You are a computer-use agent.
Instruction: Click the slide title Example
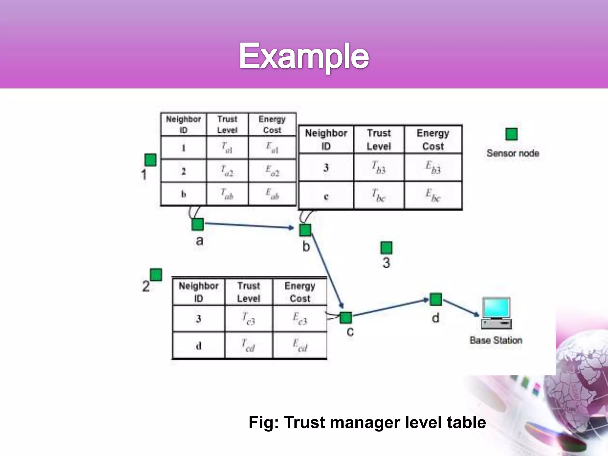click(x=304, y=56)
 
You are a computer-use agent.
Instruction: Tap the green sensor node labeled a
click(x=198, y=224)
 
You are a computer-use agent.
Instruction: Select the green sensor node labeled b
click(x=305, y=230)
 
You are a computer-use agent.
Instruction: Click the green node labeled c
click(x=346, y=318)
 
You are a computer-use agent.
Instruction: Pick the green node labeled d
click(x=436, y=299)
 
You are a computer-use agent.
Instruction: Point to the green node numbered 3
click(x=386, y=248)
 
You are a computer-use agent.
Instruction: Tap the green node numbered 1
click(x=151, y=160)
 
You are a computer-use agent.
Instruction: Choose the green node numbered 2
click(x=156, y=275)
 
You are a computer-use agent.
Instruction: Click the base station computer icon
click(x=496, y=313)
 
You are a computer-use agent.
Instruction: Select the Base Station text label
click(x=496, y=340)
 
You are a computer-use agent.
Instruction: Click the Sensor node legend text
click(x=513, y=153)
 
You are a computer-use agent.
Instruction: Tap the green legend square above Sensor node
click(x=511, y=134)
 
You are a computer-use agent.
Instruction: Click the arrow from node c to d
click(x=390, y=308)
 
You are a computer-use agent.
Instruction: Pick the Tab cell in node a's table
click(x=227, y=194)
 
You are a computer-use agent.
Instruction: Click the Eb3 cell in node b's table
click(x=433, y=167)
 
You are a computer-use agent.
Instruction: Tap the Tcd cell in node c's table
click(x=248, y=346)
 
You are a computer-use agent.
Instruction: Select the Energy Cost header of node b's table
click(x=433, y=140)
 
